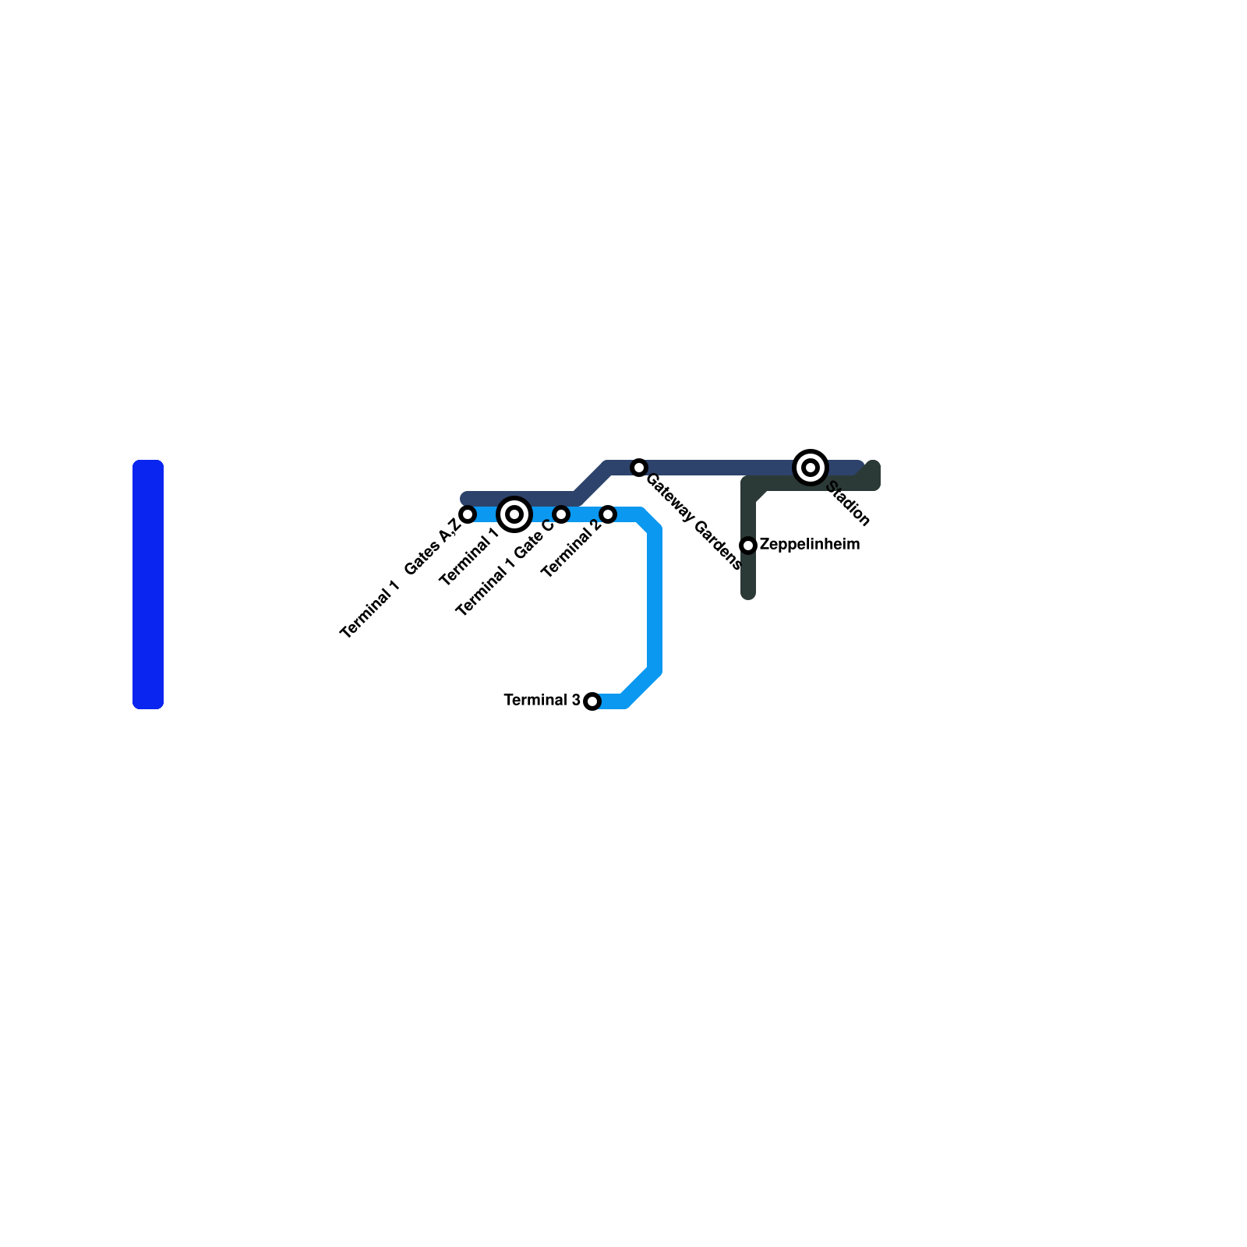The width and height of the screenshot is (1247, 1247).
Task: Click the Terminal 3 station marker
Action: tap(592, 701)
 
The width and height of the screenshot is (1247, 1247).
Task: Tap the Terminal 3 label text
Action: tap(542, 700)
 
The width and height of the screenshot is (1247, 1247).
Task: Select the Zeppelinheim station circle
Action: tap(748, 545)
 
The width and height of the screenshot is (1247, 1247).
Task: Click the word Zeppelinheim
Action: tap(809, 544)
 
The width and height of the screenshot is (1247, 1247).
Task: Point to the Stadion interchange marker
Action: tap(811, 468)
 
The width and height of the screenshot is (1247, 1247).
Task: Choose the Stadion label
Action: tap(847, 503)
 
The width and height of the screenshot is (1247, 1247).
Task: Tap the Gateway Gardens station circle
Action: tap(639, 468)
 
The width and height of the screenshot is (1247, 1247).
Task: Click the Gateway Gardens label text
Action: tap(694, 521)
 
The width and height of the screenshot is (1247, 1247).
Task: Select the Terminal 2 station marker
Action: tap(608, 514)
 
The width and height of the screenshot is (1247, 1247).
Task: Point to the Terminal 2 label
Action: tap(571, 549)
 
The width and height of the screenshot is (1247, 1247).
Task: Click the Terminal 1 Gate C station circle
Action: tap(561, 514)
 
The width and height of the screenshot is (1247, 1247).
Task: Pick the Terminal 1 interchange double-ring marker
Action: tap(514, 514)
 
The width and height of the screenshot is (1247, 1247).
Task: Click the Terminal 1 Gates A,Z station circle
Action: tap(468, 514)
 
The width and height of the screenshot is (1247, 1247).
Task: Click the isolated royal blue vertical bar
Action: tap(148, 585)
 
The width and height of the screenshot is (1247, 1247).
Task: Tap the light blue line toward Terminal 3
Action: tap(655, 600)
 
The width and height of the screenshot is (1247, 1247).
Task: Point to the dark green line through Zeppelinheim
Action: tap(748, 577)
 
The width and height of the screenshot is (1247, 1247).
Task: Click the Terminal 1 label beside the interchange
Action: tap(468, 556)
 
